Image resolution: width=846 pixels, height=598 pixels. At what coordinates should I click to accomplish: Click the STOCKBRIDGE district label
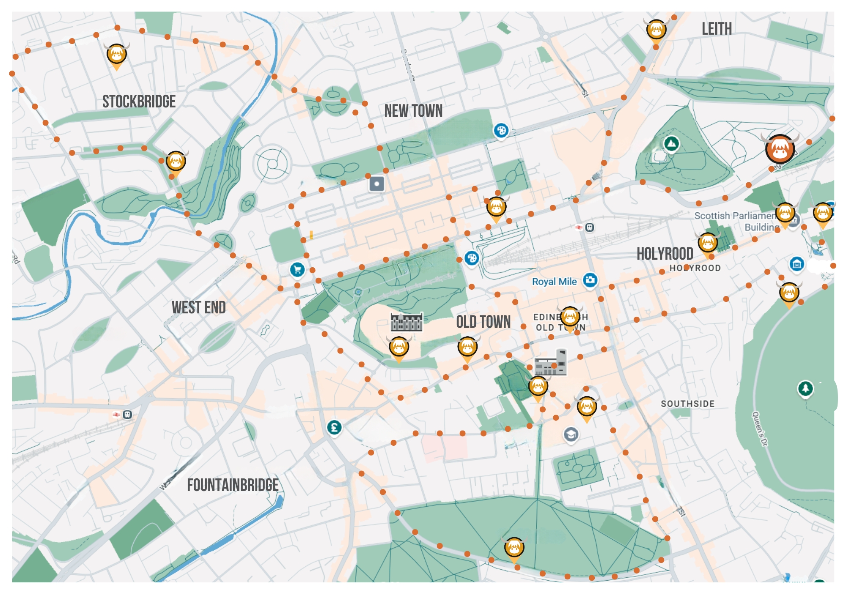click(139, 101)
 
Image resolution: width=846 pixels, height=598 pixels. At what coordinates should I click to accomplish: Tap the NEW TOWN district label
click(413, 111)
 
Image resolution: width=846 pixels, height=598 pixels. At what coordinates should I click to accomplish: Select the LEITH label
click(717, 29)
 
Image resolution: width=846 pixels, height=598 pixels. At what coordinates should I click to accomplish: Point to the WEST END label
click(198, 307)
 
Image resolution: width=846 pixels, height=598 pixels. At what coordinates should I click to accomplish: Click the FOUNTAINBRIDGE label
click(233, 485)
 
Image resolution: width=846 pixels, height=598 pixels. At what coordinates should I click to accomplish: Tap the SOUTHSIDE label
click(687, 403)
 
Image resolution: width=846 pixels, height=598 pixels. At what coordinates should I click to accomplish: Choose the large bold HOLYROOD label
click(665, 254)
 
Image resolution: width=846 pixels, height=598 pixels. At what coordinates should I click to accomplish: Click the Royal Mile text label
click(554, 281)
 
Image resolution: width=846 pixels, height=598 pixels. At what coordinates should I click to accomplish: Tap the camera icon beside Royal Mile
click(590, 280)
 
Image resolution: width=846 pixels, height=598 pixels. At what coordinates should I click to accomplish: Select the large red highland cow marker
click(780, 149)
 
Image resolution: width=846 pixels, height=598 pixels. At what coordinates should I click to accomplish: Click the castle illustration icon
click(406, 322)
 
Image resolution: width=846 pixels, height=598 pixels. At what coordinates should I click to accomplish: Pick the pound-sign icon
click(334, 428)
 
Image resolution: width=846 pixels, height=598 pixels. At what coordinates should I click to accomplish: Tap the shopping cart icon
click(297, 269)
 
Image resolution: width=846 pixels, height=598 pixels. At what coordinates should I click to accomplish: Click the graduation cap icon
click(571, 434)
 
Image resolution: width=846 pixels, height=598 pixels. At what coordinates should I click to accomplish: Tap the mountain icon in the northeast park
click(671, 144)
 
